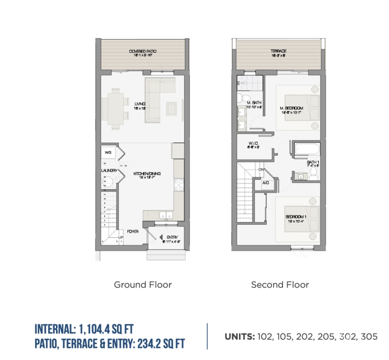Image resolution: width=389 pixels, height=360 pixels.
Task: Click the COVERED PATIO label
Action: click(x=143, y=52)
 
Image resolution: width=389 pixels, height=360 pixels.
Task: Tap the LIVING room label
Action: click(x=139, y=104)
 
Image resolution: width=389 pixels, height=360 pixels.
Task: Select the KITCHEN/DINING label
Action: click(x=146, y=173)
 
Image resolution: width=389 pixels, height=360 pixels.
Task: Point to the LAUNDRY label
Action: click(x=109, y=170)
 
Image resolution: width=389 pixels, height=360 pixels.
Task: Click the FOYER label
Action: click(x=133, y=231)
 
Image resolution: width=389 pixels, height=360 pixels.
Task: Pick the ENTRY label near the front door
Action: click(x=172, y=237)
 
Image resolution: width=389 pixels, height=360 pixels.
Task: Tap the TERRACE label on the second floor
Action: click(x=278, y=51)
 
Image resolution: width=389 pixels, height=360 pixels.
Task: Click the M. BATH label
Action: click(x=255, y=103)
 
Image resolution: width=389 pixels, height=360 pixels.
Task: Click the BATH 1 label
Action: click(x=313, y=163)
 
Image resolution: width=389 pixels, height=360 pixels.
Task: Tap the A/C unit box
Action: click(x=266, y=183)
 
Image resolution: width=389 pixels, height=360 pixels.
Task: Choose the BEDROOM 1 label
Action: click(x=296, y=217)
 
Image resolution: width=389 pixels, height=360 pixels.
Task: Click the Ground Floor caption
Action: click(x=142, y=285)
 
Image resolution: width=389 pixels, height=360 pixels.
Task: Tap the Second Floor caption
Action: click(x=280, y=285)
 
